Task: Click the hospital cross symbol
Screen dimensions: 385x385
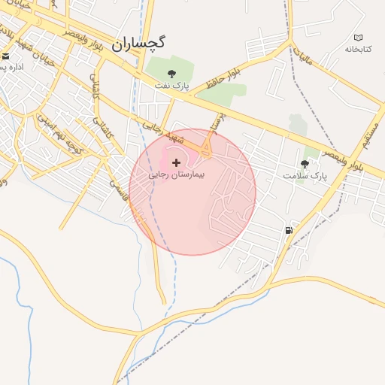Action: [177, 162]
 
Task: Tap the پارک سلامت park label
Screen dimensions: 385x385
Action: [306, 175]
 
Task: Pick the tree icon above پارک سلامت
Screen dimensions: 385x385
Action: [305, 163]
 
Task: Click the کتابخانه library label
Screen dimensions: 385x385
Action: [359, 49]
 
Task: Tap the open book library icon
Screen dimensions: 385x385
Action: [358, 38]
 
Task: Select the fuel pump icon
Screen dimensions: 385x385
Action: [289, 230]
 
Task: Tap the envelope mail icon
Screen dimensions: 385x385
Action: [6, 56]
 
